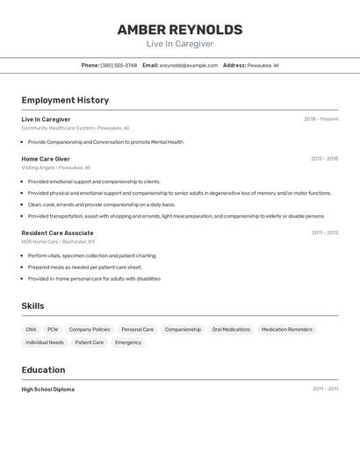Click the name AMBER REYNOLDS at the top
pos(180,30)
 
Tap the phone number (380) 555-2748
pos(119,65)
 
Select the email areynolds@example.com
pos(189,65)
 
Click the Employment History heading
pos(65,100)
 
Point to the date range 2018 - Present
pos(321,119)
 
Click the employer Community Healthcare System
pos(57,128)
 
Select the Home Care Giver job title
pos(46,159)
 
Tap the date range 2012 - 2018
pos(324,159)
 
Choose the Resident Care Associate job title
pos(57,232)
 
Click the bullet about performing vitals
pos(92,255)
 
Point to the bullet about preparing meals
pos(85,267)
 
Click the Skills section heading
pos(33,305)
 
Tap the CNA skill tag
pos(32,330)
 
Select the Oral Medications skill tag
pos(231,330)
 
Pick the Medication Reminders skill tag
pos(287,330)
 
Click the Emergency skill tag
pos(128,343)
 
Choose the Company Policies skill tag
pos(90,330)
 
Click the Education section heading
pos(43,369)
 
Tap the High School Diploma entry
pos(48,390)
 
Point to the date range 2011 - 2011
pos(325,390)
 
